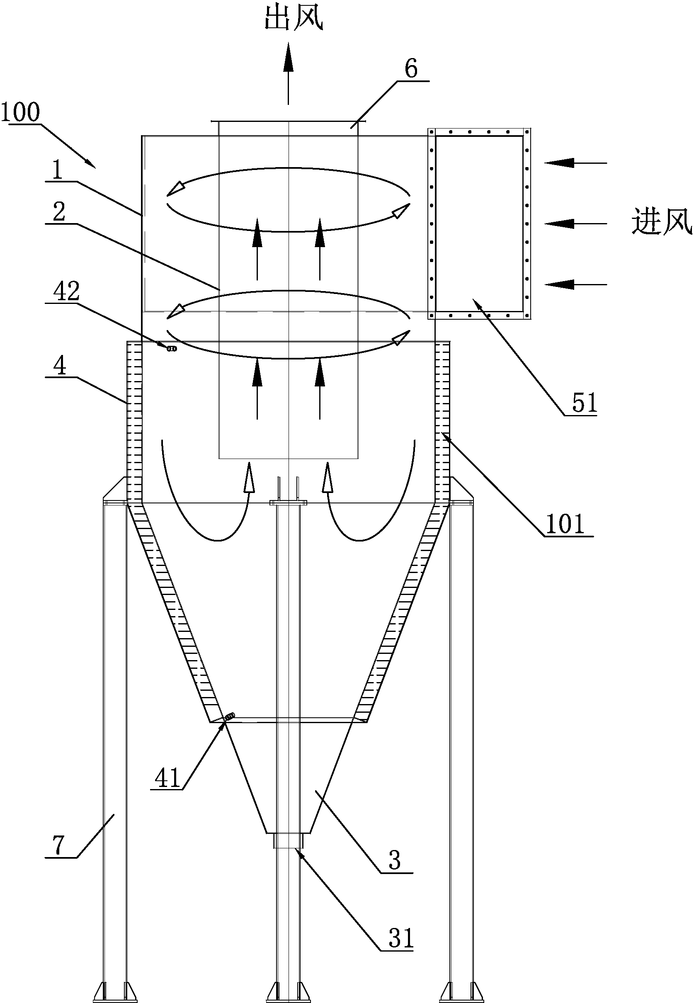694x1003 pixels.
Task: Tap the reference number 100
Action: coord(20,112)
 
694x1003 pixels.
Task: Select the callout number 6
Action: coord(411,69)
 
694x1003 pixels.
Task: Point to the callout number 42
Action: coord(66,291)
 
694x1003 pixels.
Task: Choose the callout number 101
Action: coord(565,524)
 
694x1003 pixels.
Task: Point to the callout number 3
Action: coord(394,860)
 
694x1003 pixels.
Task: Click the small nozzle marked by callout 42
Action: coord(172,348)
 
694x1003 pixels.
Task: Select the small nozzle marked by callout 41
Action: coord(230,716)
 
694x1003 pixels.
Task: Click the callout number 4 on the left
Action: coord(60,365)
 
